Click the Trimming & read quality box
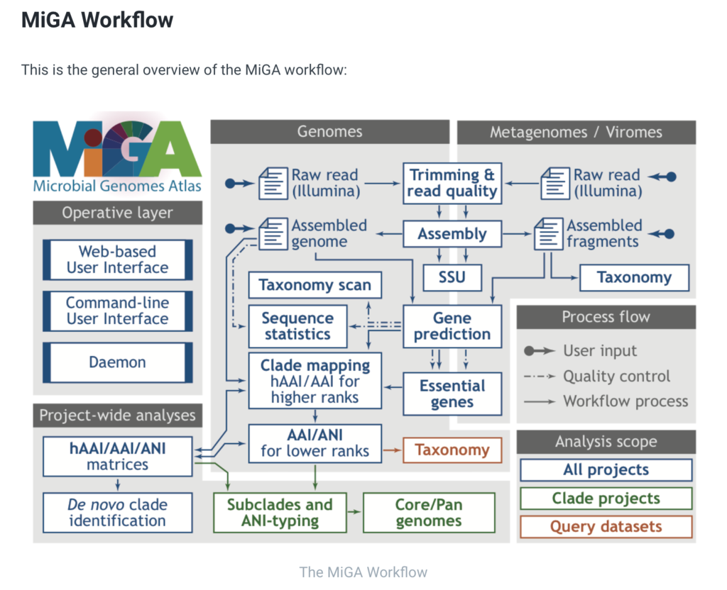click(x=452, y=183)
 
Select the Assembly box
click(x=452, y=233)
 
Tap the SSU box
click(x=452, y=277)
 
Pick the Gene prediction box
click(x=452, y=326)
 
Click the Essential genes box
click(x=452, y=394)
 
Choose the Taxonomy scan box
click(x=315, y=285)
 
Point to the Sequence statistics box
click(x=297, y=326)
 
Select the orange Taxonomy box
click(x=452, y=450)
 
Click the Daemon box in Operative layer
click(x=117, y=362)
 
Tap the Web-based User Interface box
click(x=117, y=260)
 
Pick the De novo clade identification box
click(x=117, y=512)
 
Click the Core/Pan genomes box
click(x=429, y=512)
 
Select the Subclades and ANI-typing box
click(x=280, y=512)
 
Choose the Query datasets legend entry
click(x=606, y=527)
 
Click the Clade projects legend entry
click(x=606, y=499)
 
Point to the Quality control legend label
click(x=616, y=376)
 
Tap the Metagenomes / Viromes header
click(x=576, y=132)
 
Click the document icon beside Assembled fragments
click(x=549, y=234)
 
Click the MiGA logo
click(x=117, y=153)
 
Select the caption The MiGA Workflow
click(x=363, y=572)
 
